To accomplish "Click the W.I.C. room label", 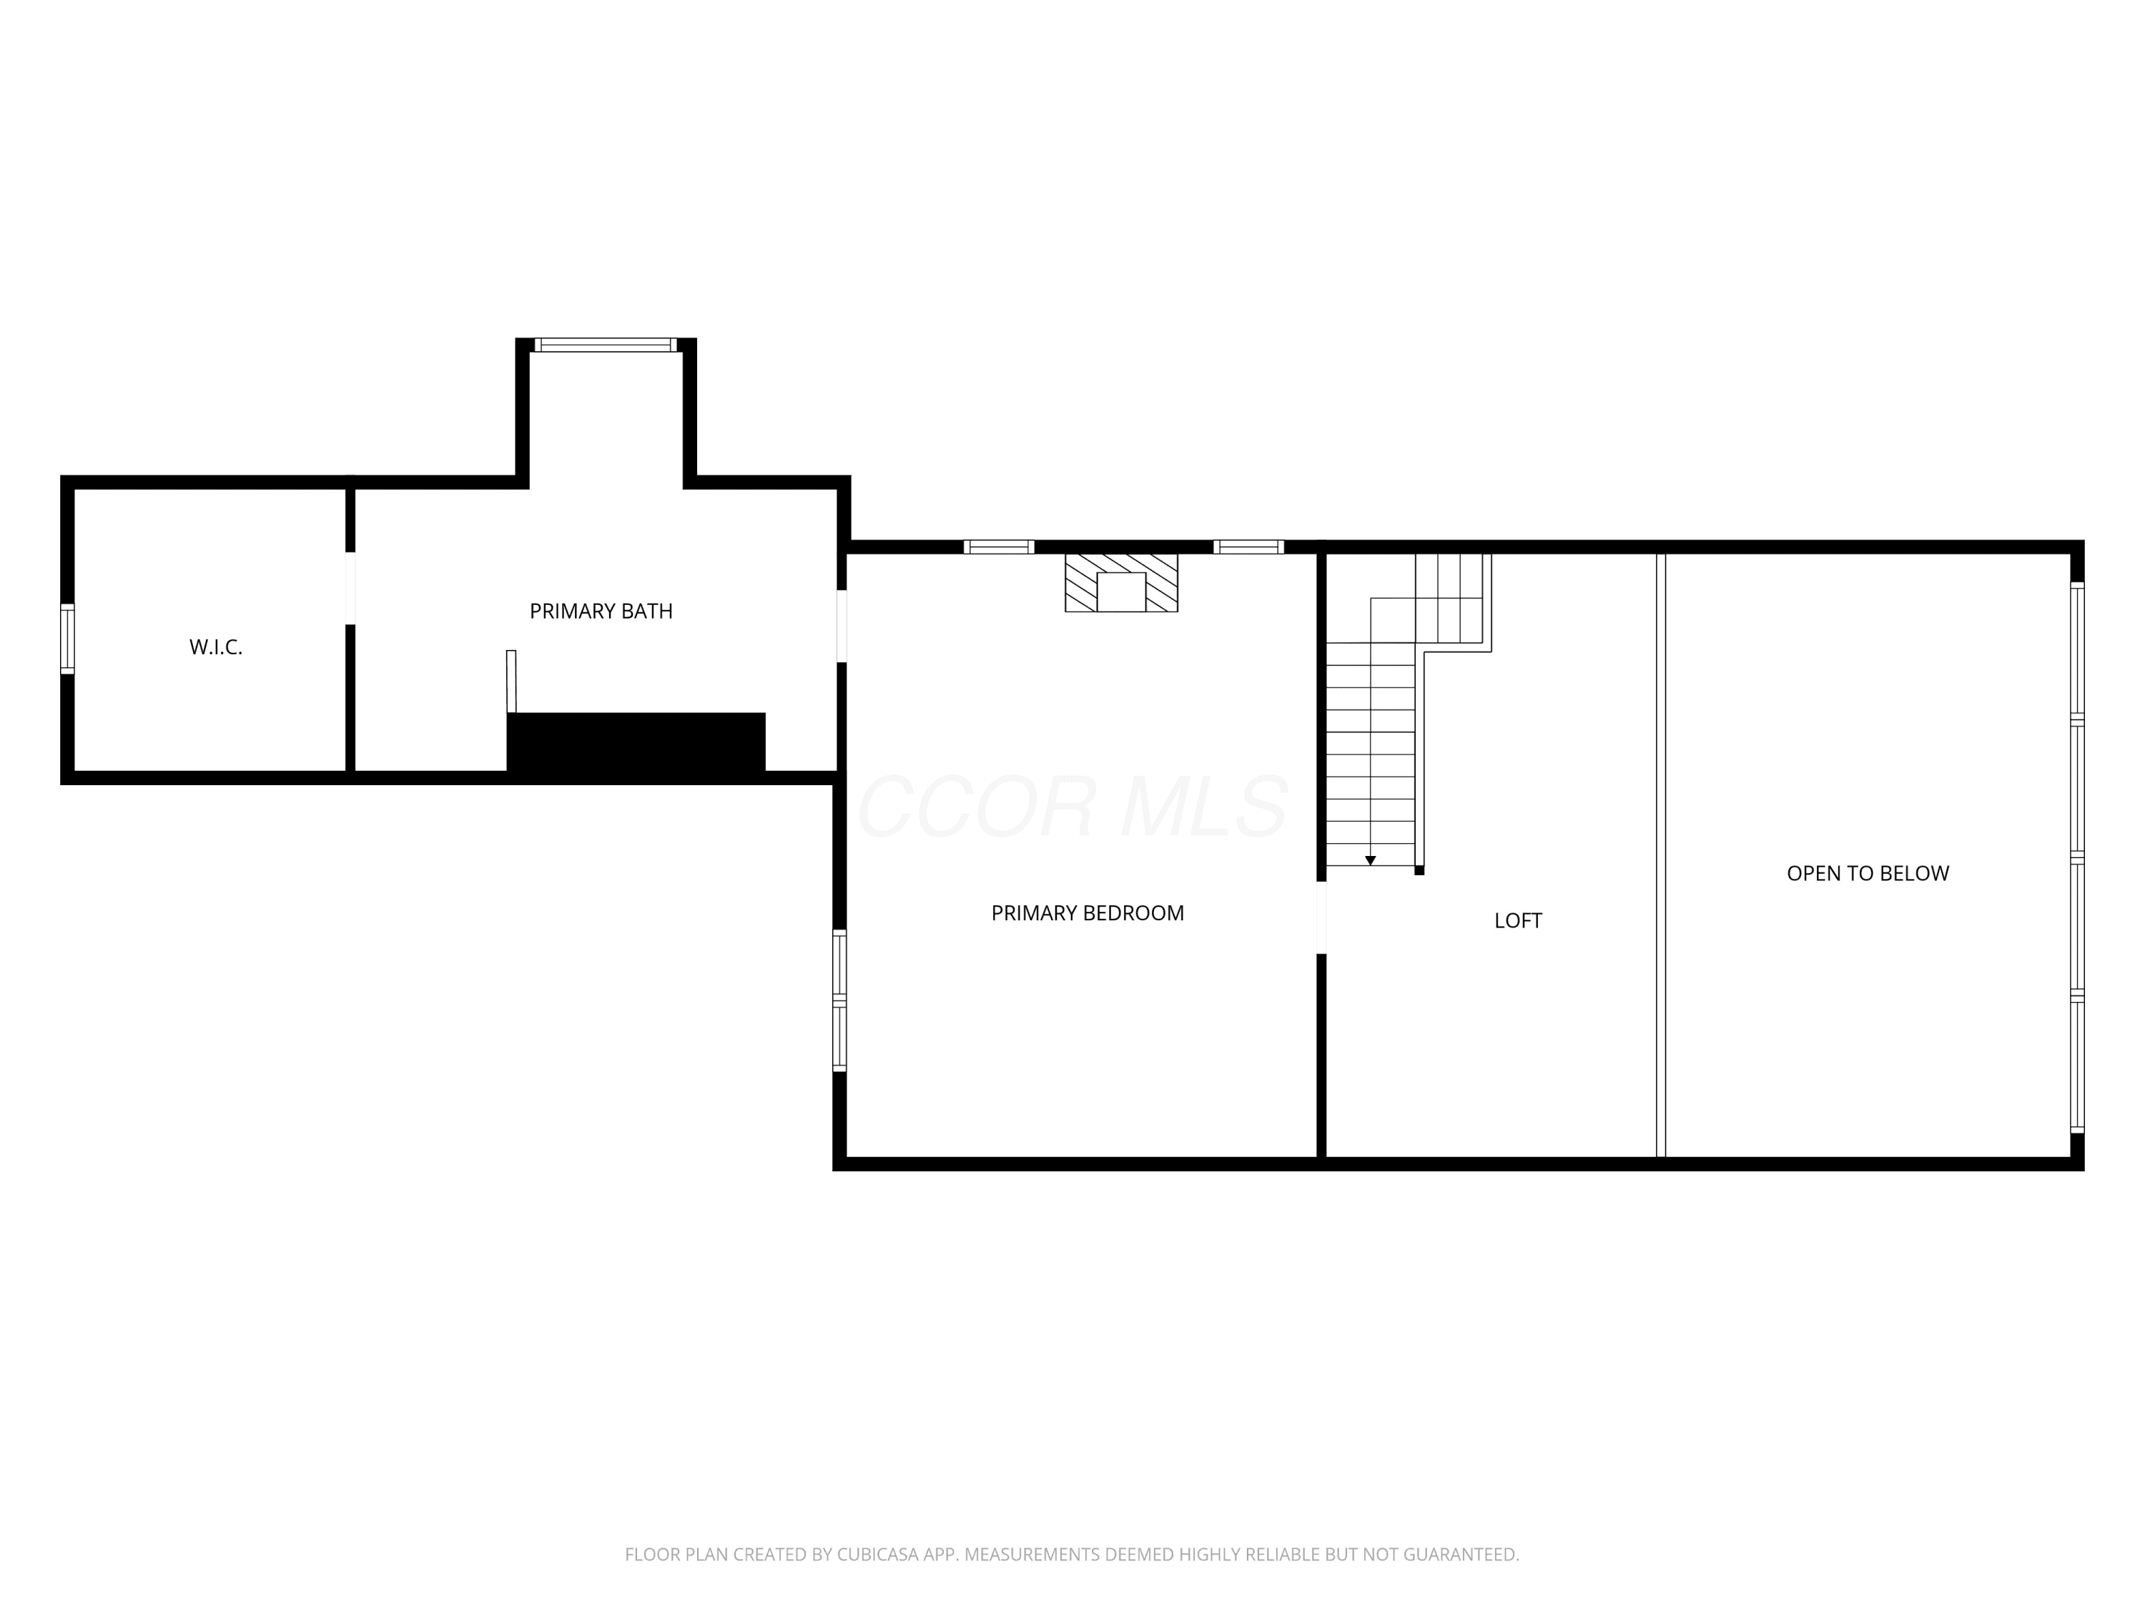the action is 215,647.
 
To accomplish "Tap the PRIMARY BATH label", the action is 601,611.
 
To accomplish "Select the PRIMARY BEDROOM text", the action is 1087,912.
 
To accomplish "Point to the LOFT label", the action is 1518,920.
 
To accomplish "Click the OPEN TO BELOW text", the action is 1868,873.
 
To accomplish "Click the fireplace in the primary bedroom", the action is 1121,582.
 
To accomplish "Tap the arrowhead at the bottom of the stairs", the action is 1370,860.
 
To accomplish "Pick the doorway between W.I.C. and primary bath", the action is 350,589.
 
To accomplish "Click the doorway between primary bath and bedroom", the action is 842,626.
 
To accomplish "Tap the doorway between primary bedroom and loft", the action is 1321,917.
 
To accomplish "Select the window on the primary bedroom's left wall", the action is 840,1000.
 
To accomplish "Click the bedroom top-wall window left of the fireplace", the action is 999,547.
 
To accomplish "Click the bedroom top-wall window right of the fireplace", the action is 1249,547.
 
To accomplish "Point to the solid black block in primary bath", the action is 636,745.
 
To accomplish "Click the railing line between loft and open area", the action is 1660,855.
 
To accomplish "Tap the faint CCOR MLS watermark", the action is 1072,807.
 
